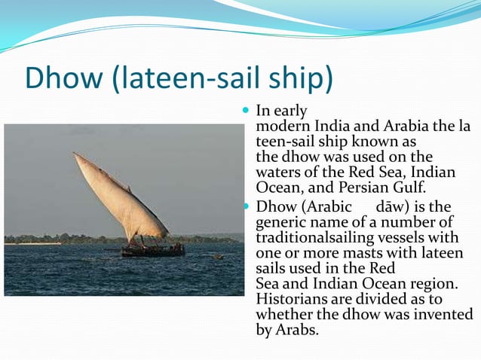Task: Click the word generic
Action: point(283,221)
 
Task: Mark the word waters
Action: point(281,172)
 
